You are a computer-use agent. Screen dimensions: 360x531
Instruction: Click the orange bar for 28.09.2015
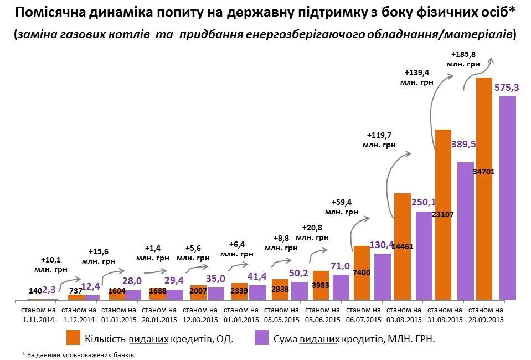[x=484, y=188]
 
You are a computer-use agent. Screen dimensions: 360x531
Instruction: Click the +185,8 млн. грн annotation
[x=464, y=59]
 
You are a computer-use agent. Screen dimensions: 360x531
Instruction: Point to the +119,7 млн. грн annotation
[x=381, y=140]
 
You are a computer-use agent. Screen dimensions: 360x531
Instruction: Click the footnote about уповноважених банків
[x=78, y=354]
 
